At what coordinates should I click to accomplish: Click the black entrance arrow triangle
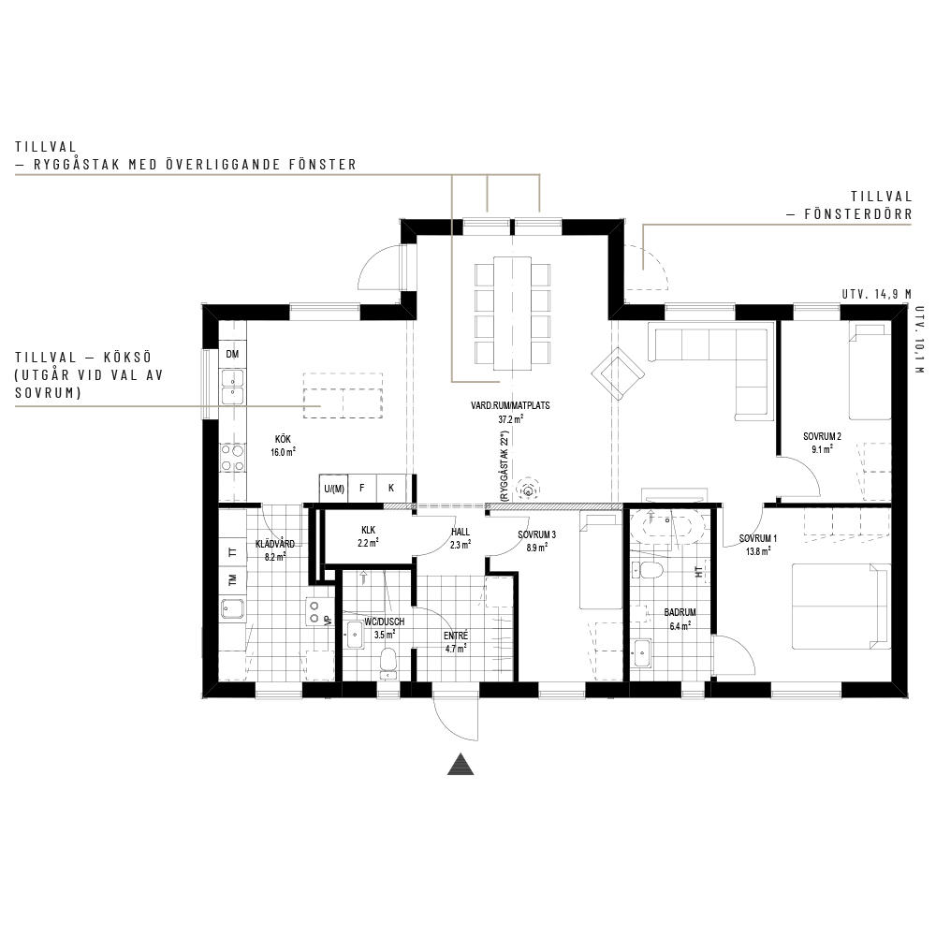[461, 765]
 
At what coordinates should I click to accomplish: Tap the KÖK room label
[283, 439]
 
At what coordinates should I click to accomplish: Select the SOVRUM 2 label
[822, 436]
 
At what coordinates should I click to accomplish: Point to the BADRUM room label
[680, 612]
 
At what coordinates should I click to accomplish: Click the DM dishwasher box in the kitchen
[233, 354]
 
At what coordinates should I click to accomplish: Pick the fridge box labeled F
[361, 489]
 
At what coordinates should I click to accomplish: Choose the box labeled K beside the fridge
[391, 489]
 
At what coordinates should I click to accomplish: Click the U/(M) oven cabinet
[334, 489]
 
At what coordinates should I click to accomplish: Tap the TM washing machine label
[233, 579]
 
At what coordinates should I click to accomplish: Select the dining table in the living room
[512, 314]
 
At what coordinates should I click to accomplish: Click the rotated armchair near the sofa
[618, 374]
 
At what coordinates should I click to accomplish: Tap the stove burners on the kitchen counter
[233, 458]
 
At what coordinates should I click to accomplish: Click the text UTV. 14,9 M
[876, 294]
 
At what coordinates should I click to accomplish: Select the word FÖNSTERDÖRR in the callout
[857, 213]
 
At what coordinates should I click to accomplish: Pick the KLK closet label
[368, 530]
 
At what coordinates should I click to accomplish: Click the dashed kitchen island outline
[343, 396]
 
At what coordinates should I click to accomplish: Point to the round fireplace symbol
[528, 489]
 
